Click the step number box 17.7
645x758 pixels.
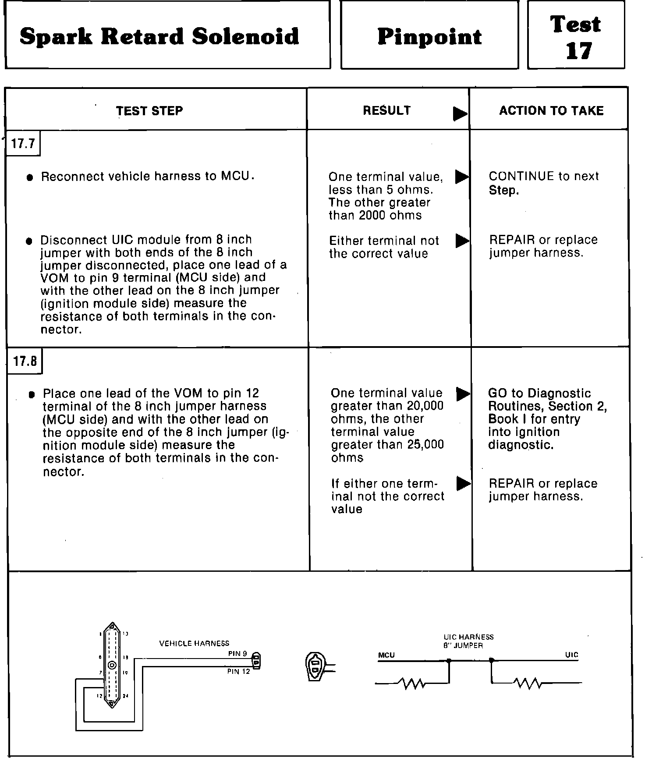click(23, 143)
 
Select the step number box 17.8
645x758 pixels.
click(25, 361)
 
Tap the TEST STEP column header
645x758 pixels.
click(149, 111)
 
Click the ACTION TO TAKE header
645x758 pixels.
click(551, 110)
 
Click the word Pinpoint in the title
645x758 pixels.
click(429, 36)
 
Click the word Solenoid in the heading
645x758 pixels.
click(245, 36)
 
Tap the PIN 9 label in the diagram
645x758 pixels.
click(237, 654)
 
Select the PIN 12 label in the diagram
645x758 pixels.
click(238, 671)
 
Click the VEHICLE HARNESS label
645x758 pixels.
click(194, 643)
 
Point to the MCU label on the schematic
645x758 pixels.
click(386, 655)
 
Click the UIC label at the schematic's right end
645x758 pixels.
click(571, 655)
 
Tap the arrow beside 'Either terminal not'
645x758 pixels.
click(462, 241)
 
